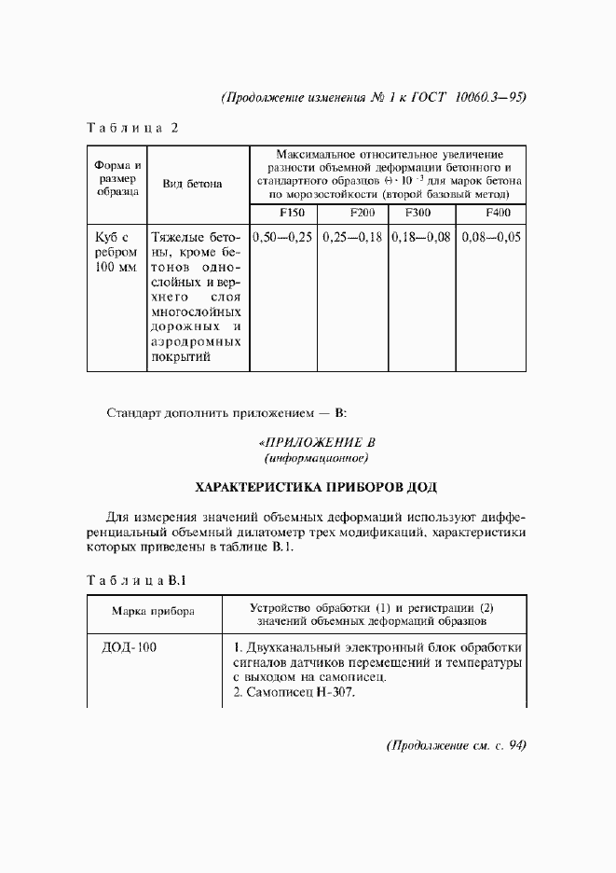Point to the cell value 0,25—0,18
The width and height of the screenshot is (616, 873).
353,237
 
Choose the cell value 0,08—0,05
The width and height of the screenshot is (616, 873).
492,237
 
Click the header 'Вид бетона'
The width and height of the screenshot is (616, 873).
192,184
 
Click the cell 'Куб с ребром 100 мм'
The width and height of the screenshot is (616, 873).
116,253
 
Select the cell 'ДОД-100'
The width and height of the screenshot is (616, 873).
129,648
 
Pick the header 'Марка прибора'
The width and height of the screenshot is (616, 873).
153,613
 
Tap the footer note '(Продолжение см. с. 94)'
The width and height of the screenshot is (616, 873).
456,745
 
